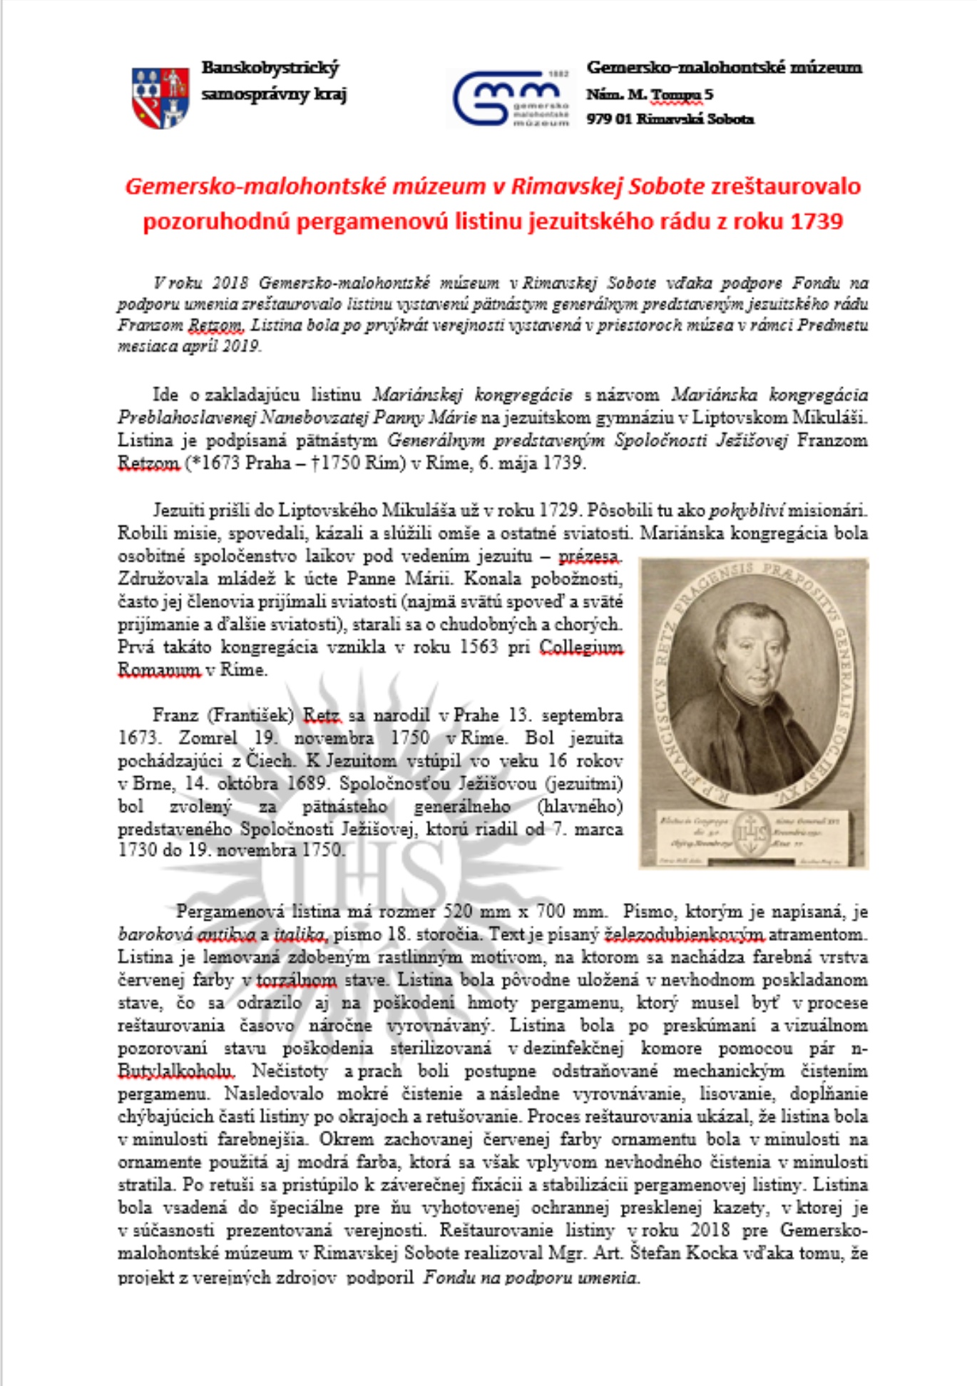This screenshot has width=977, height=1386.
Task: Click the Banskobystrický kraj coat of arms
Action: [160, 98]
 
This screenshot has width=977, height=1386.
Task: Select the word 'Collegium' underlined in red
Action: [580, 647]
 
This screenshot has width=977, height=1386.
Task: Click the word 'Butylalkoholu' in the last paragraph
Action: [175, 1071]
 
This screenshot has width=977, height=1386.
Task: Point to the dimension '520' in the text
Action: [458, 911]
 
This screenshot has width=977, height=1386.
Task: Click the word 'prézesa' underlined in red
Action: [590, 556]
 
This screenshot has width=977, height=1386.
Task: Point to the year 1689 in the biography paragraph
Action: [308, 783]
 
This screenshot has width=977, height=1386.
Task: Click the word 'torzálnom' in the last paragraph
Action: [296, 979]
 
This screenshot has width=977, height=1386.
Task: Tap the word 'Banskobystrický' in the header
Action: [270, 68]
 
